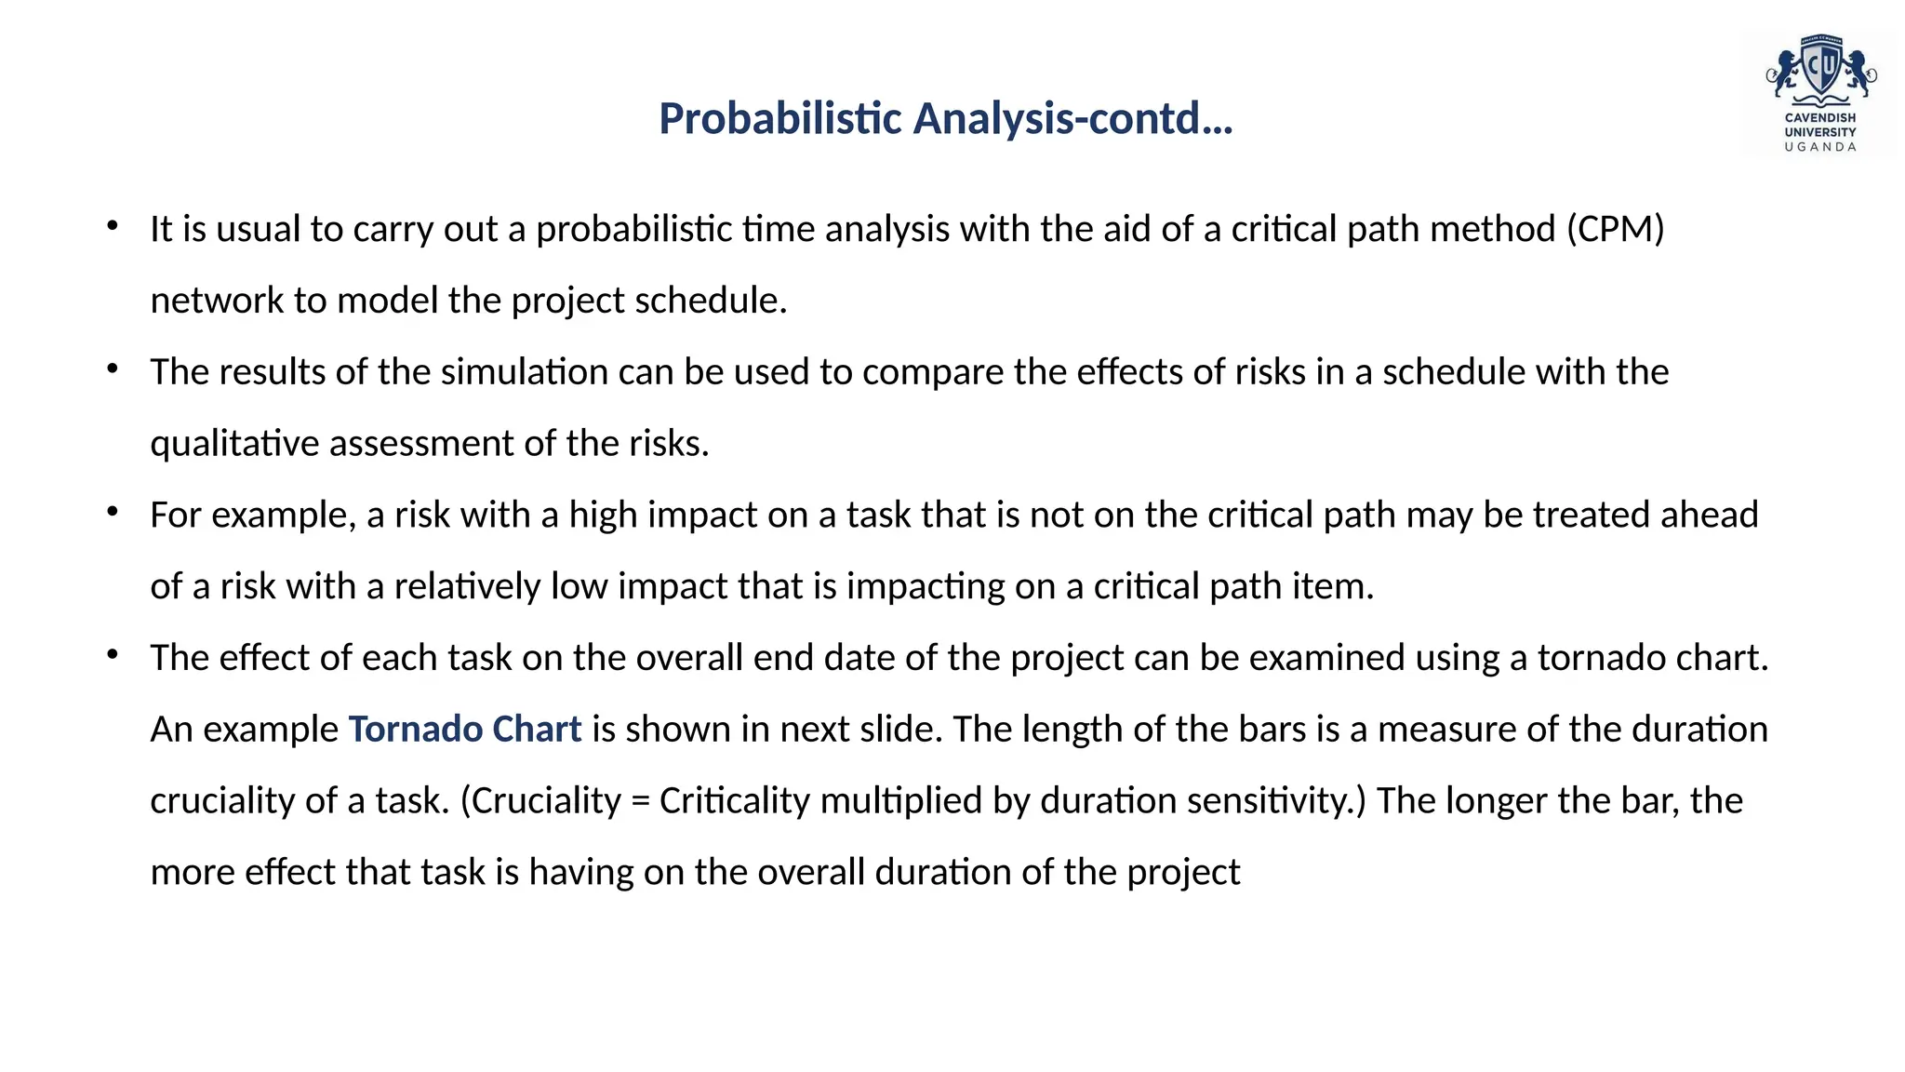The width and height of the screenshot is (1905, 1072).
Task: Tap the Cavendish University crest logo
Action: pyautogui.click(x=1820, y=74)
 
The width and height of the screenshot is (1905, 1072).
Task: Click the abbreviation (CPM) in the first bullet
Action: pyautogui.click(x=1615, y=229)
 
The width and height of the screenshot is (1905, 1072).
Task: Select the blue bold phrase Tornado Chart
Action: pyautogui.click(x=464, y=729)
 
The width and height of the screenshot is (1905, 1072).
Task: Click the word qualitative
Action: pyautogui.click(x=234, y=444)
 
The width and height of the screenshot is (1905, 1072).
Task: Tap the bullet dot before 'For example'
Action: pyautogui.click(x=113, y=512)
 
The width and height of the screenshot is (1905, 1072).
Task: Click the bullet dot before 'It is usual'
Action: pyautogui.click(x=113, y=226)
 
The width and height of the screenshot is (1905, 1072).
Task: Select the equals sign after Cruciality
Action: pyautogui.click(x=640, y=801)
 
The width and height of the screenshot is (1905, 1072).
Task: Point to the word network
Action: pyautogui.click(x=217, y=301)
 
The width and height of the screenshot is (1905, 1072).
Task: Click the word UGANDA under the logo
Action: pyautogui.click(x=1819, y=147)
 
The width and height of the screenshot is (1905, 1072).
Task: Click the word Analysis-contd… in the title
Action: pyautogui.click(x=1072, y=119)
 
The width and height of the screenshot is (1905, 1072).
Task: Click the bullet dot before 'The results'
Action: pyautogui.click(x=113, y=369)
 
